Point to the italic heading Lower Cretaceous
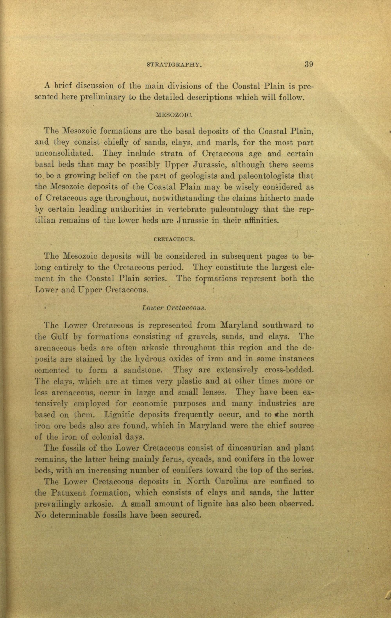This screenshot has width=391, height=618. (174, 308)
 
